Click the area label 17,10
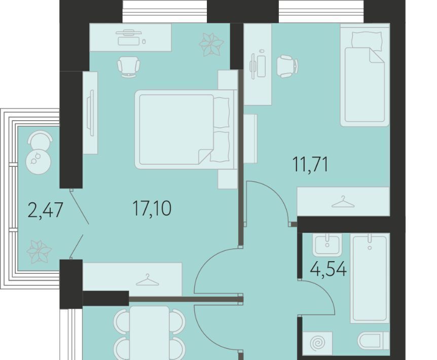click(152, 208)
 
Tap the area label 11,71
click(310, 164)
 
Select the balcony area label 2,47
click(46, 210)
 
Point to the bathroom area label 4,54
click(329, 269)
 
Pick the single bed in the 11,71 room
click(365, 75)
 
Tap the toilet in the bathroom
click(374, 341)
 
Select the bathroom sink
click(327, 244)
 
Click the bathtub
click(370, 278)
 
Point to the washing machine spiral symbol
click(317, 343)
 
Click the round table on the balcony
click(39, 161)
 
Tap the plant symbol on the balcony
click(39, 252)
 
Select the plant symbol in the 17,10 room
click(211, 44)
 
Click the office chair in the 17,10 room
click(128, 67)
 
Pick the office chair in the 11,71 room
click(287, 66)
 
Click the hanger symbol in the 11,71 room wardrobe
click(343, 202)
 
